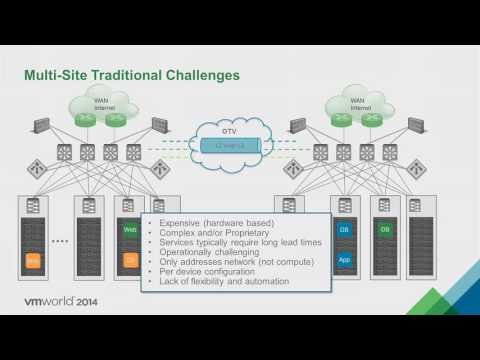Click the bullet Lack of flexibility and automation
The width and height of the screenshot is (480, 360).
coord(218,283)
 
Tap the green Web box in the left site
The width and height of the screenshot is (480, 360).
coord(130,229)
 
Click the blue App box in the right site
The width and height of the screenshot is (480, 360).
coord(344,260)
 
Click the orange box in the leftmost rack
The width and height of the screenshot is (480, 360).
coord(33,261)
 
